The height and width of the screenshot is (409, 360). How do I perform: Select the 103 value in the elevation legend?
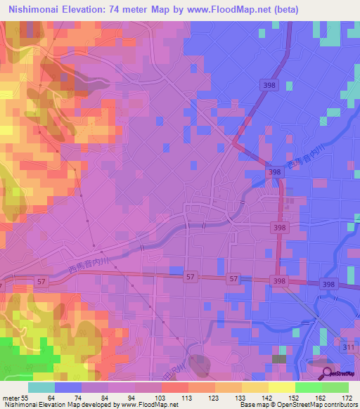150,398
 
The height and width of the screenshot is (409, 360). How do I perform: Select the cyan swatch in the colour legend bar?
41,387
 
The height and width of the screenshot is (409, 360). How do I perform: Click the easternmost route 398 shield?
327,283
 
